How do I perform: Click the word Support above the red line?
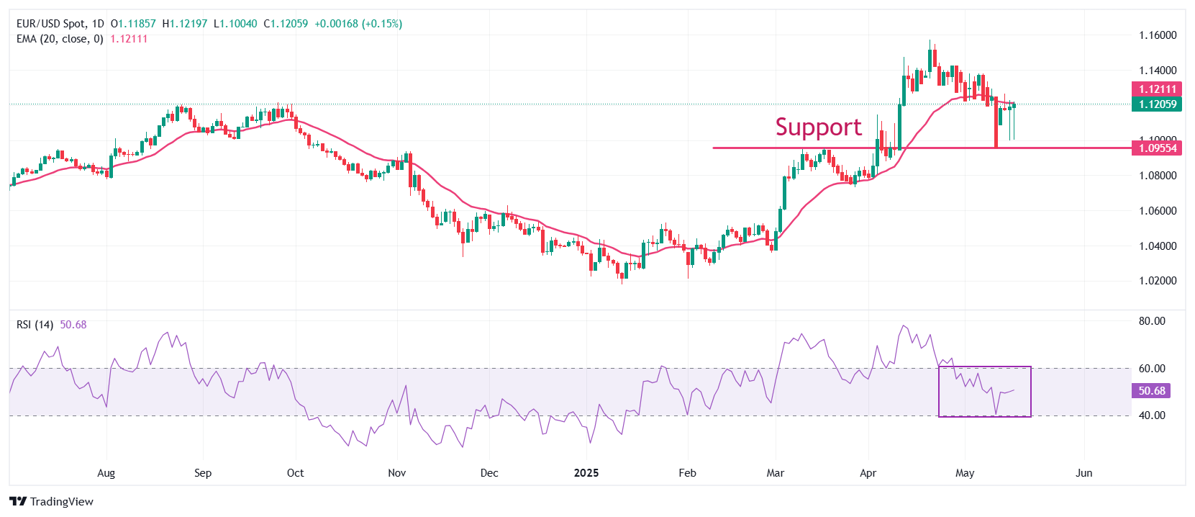click(x=818, y=127)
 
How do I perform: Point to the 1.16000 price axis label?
click(x=1158, y=35)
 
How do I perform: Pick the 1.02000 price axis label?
click(x=1158, y=281)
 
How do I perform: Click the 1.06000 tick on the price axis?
click(x=1158, y=211)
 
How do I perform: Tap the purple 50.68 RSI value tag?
click(x=1152, y=391)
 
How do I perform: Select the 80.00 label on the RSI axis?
click(x=1152, y=321)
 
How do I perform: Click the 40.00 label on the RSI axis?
click(x=1152, y=415)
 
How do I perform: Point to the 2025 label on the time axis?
click(x=586, y=473)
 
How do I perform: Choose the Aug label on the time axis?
click(x=106, y=473)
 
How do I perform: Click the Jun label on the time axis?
click(x=1083, y=473)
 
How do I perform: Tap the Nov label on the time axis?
click(x=396, y=473)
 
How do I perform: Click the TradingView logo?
click(x=52, y=501)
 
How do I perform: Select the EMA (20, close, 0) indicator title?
click(x=60, y=39)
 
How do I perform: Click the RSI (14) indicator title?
click(x=35, y=325)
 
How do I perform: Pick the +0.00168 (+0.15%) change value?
click(x=358, y=24)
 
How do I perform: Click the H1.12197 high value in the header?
click(x=185, y=24)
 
